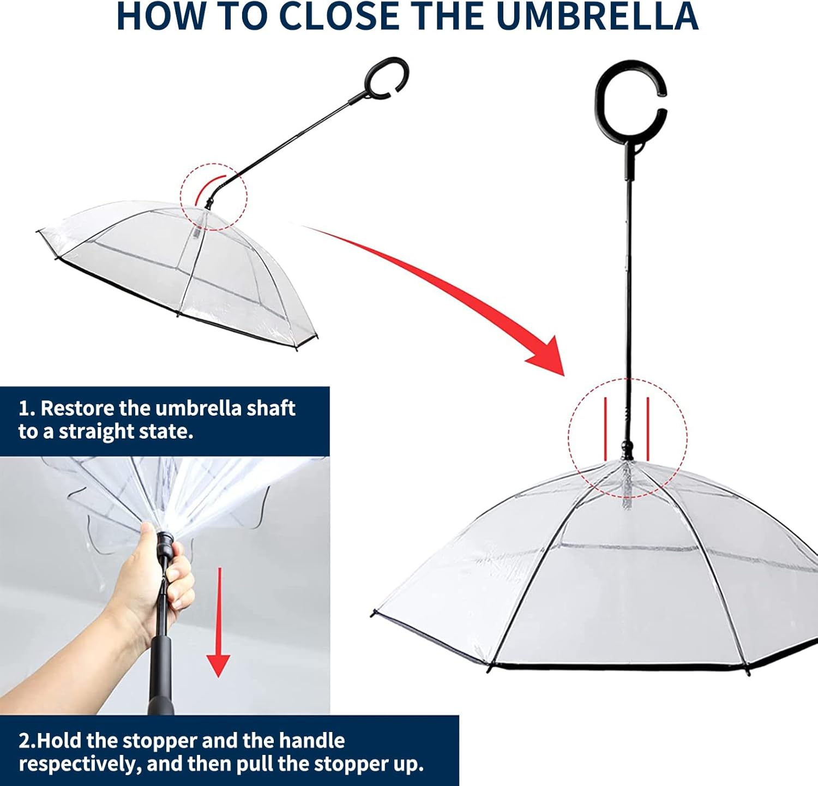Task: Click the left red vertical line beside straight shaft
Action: pos(605,429)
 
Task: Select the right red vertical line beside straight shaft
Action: pos(648,429)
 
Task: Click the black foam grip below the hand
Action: pos(160,676)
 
